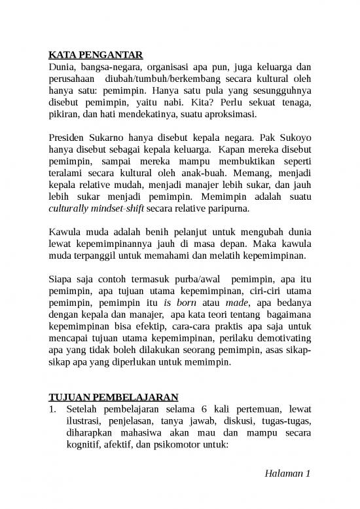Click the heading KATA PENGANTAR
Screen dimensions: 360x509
tap(96, 54)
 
